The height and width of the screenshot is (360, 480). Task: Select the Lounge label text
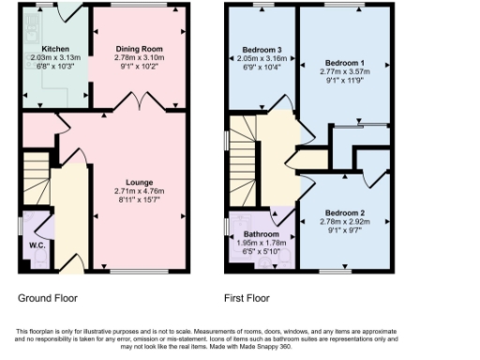pyautogui.click(x=140, y=182)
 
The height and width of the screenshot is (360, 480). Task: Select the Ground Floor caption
pyautogui.click(x=48, y=298)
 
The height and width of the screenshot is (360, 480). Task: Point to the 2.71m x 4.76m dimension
pyautogui.click(x=140, y=190)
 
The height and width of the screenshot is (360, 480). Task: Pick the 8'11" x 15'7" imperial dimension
pyautogui.click(x=140, y=199)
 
